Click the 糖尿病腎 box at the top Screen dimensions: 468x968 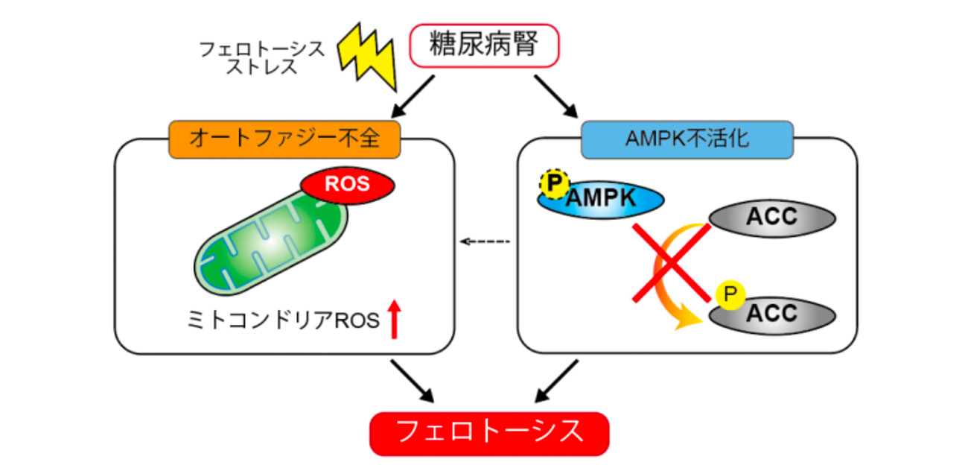coord(485,46)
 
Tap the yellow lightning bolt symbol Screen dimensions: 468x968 coord(366,53)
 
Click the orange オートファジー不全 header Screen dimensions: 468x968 coord(285,139)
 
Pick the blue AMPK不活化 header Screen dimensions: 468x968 coord(687,139)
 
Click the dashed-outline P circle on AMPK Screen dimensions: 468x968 coord(552,184)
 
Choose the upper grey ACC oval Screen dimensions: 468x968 coord(772,218)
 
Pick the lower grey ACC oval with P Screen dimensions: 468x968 coord(772,314)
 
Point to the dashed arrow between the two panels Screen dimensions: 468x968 coord(485,241)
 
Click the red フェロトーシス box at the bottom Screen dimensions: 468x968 coord(489,432)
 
